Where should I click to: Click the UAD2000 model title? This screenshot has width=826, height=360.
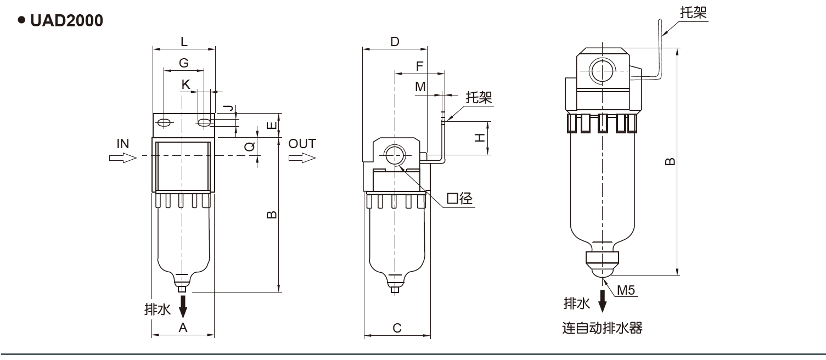coord(66,21)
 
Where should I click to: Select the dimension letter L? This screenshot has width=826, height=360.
coord(184,42)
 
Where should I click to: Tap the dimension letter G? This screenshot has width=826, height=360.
coord(184,63)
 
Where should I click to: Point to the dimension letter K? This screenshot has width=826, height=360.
coord(186,85)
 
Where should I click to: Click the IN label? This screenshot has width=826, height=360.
coord(122,144)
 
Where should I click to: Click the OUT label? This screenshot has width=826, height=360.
coord(302,144)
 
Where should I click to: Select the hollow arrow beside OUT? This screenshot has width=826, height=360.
coord(302,158)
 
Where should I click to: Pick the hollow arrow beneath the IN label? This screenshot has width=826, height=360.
coord(122,158)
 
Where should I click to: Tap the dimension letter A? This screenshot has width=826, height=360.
coord(183,328)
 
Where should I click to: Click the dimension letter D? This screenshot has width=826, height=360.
coord(395,42)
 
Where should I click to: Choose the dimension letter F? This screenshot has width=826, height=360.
coord(419,66)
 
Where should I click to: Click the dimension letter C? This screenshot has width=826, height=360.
coord(397,328)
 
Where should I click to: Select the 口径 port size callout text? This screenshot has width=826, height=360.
coord(459,199)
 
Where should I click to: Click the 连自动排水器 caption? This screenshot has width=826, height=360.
coord(602,329)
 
